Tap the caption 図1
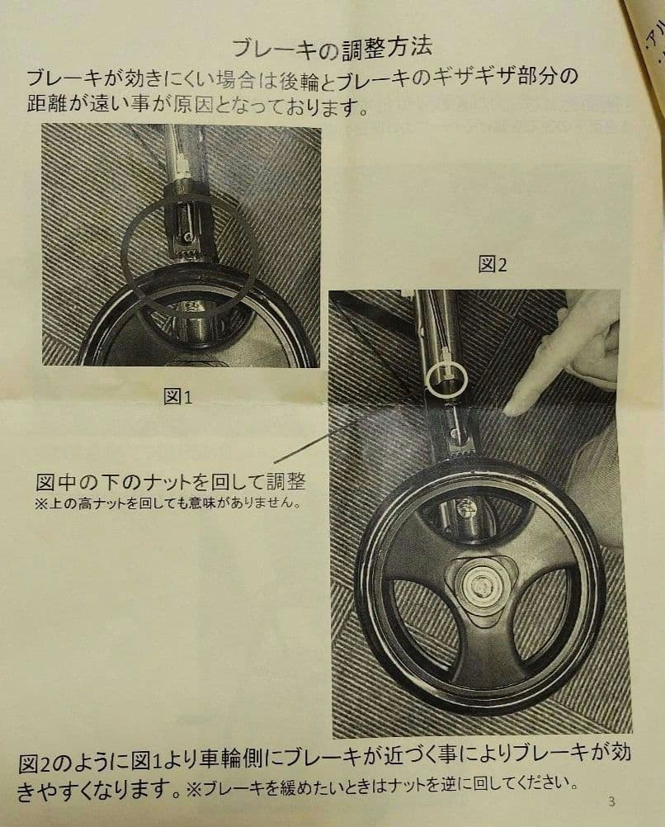pos(177,397)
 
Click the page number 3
pos(611,801)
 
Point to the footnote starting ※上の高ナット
pos(164,503)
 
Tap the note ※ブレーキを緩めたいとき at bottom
pos(380,782)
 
